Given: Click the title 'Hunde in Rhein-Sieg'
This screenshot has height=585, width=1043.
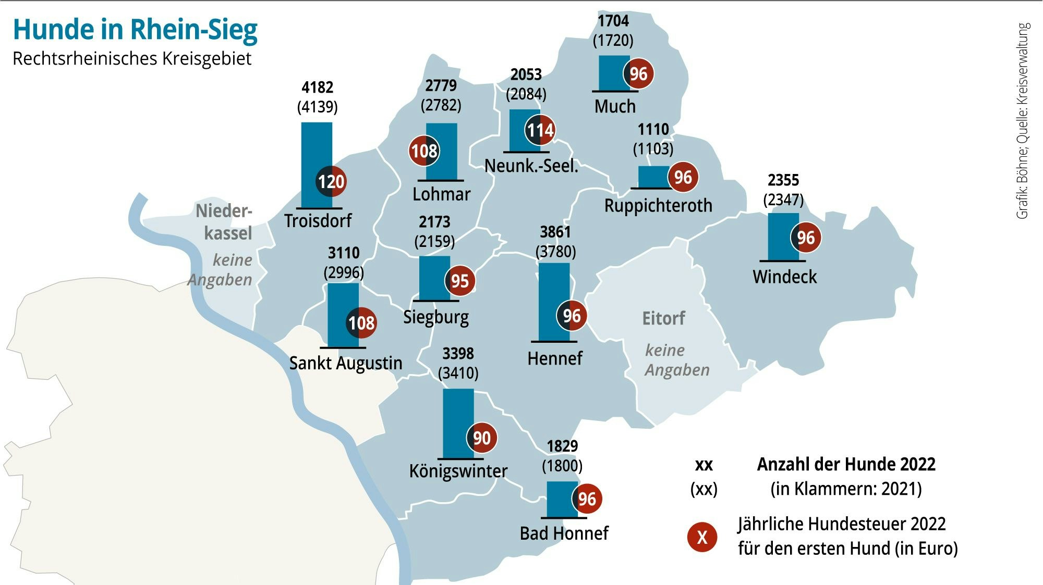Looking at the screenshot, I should [x=135, y=30].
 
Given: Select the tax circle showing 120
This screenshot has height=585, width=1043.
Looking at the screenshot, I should [x=331, y=182].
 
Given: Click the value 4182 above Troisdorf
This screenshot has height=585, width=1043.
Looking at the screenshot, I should [x=317, y=87].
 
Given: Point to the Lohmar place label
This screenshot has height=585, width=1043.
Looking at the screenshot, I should [x=441, y=194].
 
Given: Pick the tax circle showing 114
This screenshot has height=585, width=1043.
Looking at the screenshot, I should [x=540, y=130].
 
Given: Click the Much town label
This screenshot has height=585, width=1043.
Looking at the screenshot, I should [x=615, y=106].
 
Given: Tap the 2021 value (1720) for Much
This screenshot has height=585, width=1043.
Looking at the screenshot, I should [x=613, y=40].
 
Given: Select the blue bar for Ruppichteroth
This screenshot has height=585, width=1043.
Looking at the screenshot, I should [x=653, y=177].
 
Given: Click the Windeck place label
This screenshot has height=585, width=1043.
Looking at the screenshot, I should [x=784, y=277].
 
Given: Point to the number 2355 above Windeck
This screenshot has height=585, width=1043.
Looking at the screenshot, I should [x=783, y=180].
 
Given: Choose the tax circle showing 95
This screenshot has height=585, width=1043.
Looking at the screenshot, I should [x=459, y=281].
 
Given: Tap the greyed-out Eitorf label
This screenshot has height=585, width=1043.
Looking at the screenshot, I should [x=663, y=318].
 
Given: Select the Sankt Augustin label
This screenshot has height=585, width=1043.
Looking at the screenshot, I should [x=346, y=363].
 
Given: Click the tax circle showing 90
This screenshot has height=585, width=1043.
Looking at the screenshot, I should [x=481, y=438].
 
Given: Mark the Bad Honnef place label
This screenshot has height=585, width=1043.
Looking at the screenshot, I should [x=564, y=533].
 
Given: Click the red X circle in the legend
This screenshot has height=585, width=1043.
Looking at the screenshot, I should [x=702, y=537].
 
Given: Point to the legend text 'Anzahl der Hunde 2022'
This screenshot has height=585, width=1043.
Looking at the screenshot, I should [x=846, y=464].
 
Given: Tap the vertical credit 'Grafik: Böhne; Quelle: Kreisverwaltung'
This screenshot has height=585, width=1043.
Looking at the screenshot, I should [x=1023, y=121].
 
